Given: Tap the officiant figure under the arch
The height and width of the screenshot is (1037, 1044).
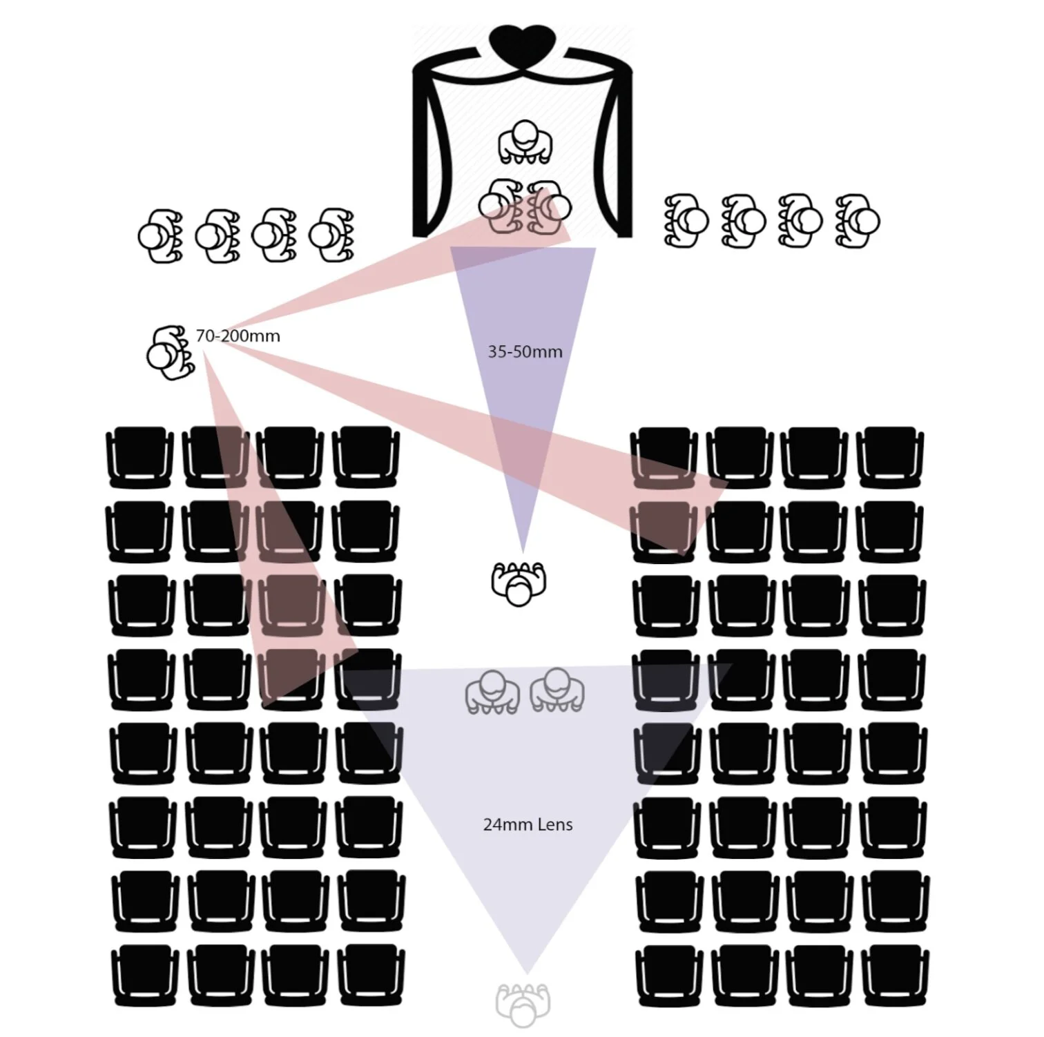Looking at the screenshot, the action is point(525,142).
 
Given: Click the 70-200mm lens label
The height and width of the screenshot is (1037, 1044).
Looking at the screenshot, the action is point(238,336).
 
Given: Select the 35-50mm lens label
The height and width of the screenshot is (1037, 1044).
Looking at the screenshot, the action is point(525,351).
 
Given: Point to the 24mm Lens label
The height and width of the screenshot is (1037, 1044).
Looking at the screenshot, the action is point(528,824).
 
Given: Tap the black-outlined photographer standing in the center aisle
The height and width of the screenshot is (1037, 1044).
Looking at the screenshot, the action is point(519,583).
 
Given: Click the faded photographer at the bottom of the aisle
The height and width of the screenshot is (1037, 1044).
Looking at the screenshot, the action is point(523,1005).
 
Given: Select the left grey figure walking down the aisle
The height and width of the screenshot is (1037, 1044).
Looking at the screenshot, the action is point(492,691).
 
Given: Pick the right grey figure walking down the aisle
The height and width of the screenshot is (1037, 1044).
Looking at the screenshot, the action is point(557,690).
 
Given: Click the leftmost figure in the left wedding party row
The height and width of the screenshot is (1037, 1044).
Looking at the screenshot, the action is point(159,235).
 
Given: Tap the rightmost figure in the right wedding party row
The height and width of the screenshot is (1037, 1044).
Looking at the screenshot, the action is point(858,221).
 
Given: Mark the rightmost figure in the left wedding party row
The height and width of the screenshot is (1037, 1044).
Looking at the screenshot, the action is point(331,235).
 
